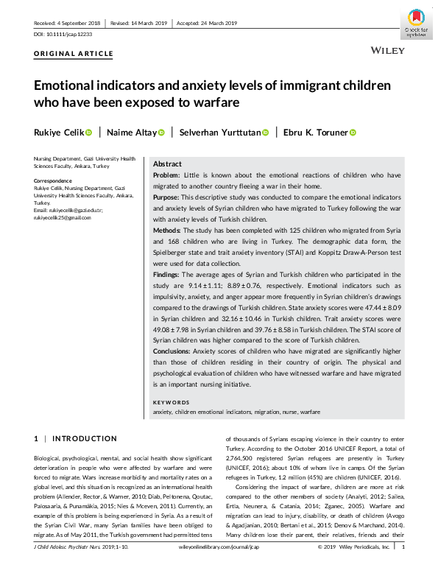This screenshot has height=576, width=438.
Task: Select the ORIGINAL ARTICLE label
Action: (74, 54)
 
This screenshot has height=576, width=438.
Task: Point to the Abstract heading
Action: (166, 164)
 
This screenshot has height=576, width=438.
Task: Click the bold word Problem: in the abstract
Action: (167, 175)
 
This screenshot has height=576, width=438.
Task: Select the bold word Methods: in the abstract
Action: (167, 230)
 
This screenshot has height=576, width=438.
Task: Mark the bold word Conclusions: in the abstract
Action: (173, 351)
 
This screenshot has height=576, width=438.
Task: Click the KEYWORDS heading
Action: (170, 402)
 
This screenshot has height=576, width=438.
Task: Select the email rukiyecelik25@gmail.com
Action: (63, 216)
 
